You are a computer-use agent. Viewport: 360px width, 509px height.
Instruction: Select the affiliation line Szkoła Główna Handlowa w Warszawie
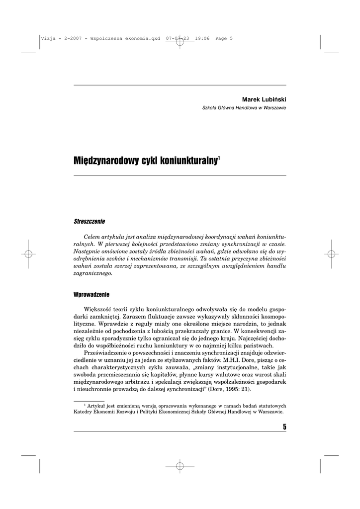click(244, 108)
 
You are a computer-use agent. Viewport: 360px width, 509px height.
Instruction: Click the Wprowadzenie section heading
click(91, 294)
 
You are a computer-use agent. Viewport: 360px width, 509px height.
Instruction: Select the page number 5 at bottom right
click(284, 426)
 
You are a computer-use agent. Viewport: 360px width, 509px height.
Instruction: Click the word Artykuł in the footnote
click(97, 406)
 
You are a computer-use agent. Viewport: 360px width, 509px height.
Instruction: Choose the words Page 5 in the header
click(224, 38)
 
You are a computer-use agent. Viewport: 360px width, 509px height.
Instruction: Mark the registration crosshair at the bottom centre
click(180, 466)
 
